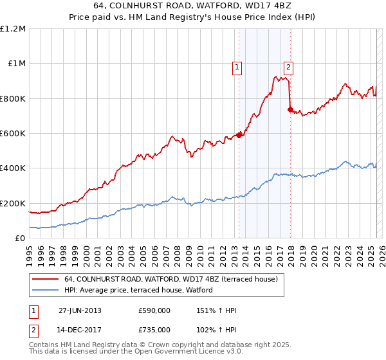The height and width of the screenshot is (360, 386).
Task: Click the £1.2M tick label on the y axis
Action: tap(13, 29)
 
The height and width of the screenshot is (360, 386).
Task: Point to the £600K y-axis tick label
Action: tap(13, 134)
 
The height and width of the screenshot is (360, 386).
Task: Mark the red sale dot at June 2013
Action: tap(239, 135)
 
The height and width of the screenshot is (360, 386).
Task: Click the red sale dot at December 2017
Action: tap(290, 110)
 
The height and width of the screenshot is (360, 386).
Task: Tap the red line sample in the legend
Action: tap(46, 280)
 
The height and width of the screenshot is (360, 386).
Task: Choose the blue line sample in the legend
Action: tap(46, 291)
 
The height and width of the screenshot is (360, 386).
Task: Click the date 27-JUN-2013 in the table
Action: tap(80, 310)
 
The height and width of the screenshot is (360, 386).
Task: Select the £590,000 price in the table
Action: tap(154, 310)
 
